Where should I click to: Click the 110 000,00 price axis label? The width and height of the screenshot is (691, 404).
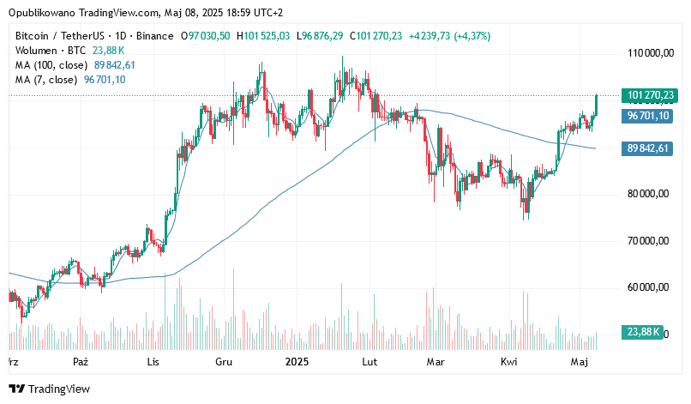[648, 53]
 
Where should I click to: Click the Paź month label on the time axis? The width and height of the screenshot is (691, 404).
[81, 363]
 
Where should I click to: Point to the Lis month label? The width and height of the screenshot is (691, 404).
[153, 363]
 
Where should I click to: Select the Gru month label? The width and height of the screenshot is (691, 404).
[225, 363]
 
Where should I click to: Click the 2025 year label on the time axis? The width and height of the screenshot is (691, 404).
[297, 363]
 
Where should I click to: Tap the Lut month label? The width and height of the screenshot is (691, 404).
[370, 363]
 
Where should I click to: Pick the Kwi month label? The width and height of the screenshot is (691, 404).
[508, 363]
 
